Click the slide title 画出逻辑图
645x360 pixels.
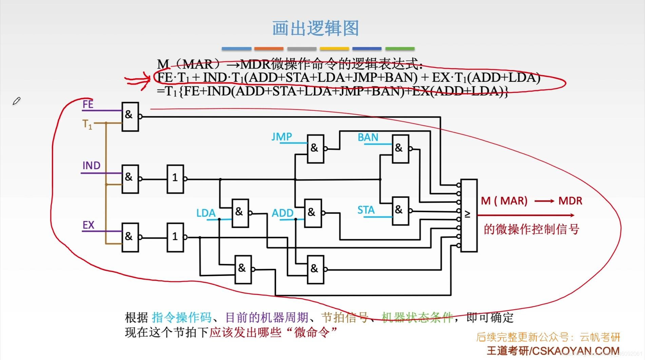pyautogui.click(x=315, y=28)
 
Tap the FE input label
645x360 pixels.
pyautogui.click(x=88, y=104)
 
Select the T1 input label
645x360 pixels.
pyautogui.click(x=87, y=124)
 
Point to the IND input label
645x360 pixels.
pyautogui.click(x=91, y=165)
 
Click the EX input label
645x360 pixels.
pyautogui.click(x=88, y=225)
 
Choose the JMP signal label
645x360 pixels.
pyautogui.click(x=281, y=137)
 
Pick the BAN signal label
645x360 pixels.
pyautogui.click(x=368, y=137)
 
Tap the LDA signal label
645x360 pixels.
pyautogui.click(x=206, y=213)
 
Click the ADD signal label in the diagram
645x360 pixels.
pyautogui.click(x=282, y=213)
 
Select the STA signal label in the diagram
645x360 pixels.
pyautogui.click(x=366, y=210)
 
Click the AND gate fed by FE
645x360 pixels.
pyautogui.click(x=130, y=116)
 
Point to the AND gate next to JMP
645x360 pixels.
pyautogui.click(x=315, y=149)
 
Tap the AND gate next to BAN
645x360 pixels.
pyautogui.click(x=400, y=149)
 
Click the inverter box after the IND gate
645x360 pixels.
pyautogui.click(x=175, y=179)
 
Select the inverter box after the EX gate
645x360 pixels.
pyautogui.click(x=175, y=237)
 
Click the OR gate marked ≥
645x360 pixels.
pyautogui.click(x=469, y=215)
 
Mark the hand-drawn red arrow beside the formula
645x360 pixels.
pyautogui.click(x=137, y=80)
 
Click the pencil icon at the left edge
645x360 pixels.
pyautogui.click(x=16, y=101)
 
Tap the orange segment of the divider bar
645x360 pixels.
pyautogui.click(x=269, y=49)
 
